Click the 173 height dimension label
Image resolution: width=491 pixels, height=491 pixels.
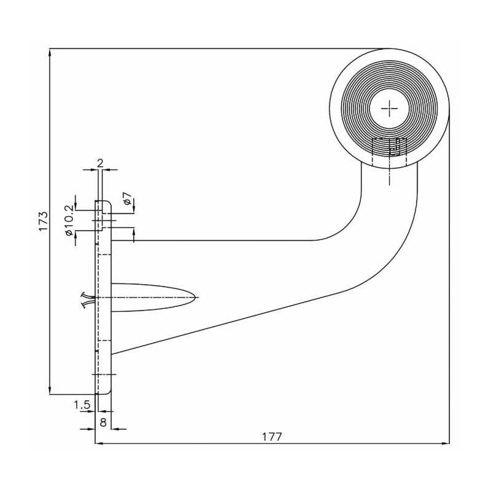click(43, 221)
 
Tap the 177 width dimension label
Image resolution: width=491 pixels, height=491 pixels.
click(272, 436)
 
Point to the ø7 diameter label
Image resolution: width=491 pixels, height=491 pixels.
click(128, 198)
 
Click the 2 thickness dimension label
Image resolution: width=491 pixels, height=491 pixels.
click(100, 163)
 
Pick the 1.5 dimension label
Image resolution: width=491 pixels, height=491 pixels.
click(82, 405)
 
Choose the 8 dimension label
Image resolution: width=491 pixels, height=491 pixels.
click(103, 422)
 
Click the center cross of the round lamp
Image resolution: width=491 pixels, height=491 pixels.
click(389, 109)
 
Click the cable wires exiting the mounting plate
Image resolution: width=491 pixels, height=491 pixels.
click(88, 300)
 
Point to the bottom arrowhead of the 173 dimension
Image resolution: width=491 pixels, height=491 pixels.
click(50, 390)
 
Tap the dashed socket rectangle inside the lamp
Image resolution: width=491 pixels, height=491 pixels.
click(389, 152)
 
